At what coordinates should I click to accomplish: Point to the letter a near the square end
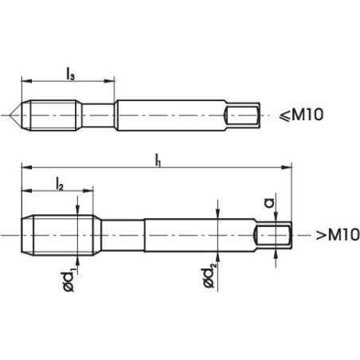(x=269, y=204)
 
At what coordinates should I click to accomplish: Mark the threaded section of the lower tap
(x=60, y=236)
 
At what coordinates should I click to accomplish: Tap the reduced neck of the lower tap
(x=121, y=236)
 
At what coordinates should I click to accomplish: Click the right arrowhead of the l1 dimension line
(x=287, y=168)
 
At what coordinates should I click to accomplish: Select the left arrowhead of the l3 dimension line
(x=25, y=80)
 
